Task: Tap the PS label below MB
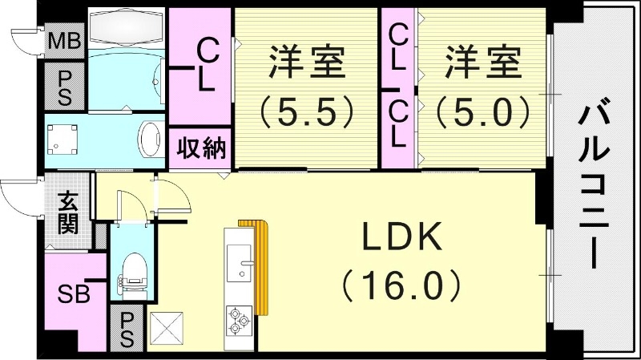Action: [64, 85]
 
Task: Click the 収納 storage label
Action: [200, 148]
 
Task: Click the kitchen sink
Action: [240, 263]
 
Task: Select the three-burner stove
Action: [240, 320]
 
